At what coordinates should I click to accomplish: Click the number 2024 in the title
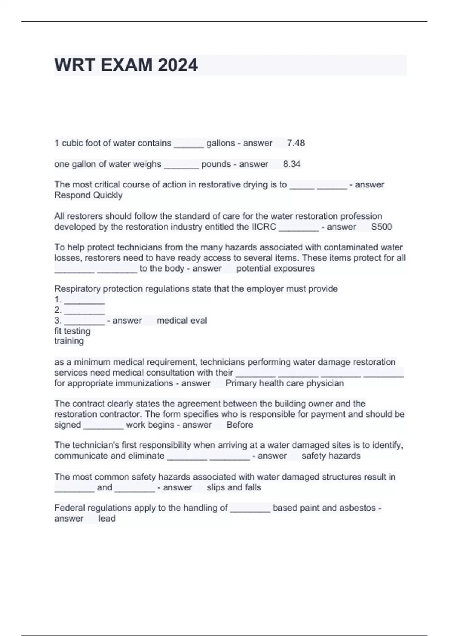(177, 65)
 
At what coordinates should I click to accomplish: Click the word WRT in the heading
(74, 65)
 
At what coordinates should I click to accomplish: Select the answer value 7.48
(296, 143)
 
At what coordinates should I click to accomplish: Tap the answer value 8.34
(292, 164)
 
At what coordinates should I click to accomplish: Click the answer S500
(381, 227)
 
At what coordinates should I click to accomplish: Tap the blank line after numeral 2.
(85, 311)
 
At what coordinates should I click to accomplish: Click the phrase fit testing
(72, 331)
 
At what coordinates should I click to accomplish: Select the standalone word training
(69, 341)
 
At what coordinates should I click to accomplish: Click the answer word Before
(239, 425)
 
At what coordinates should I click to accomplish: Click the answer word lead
(107, 519)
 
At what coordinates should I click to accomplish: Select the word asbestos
(357, 508)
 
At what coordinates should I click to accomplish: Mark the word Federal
(69, 508)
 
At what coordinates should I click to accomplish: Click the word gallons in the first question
(220, 143)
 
